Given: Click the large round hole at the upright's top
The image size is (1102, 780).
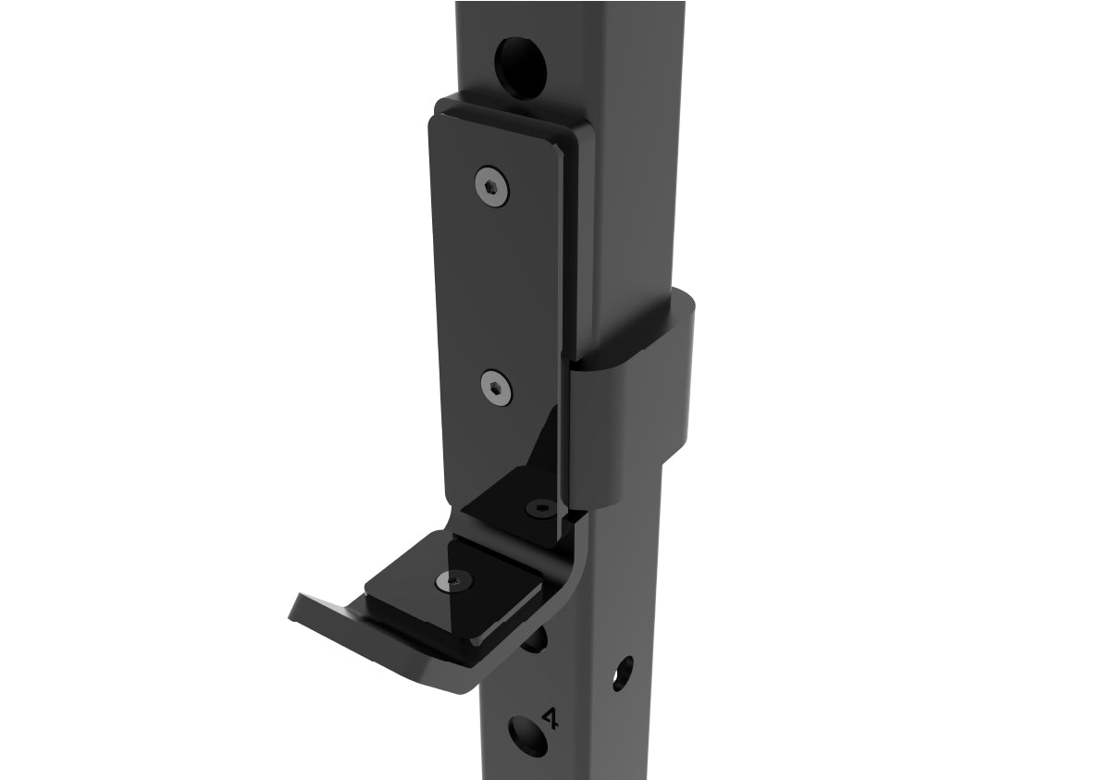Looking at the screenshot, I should [521, 62].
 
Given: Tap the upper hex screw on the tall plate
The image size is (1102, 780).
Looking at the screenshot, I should [492, 188].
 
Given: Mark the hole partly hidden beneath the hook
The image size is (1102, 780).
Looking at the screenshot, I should [535, 638].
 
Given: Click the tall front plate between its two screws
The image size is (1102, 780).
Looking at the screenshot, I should [495, 287].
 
